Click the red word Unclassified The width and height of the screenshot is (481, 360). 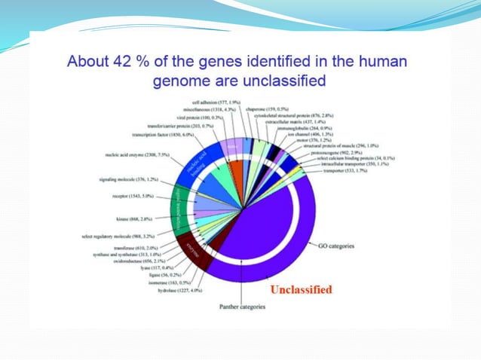[x=302, y=288]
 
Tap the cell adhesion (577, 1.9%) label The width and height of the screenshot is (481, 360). [x=215, y=102]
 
